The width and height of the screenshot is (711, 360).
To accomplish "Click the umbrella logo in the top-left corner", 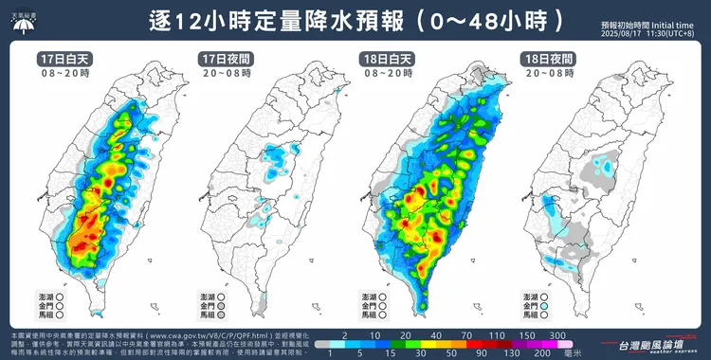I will [x=20, y=19].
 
